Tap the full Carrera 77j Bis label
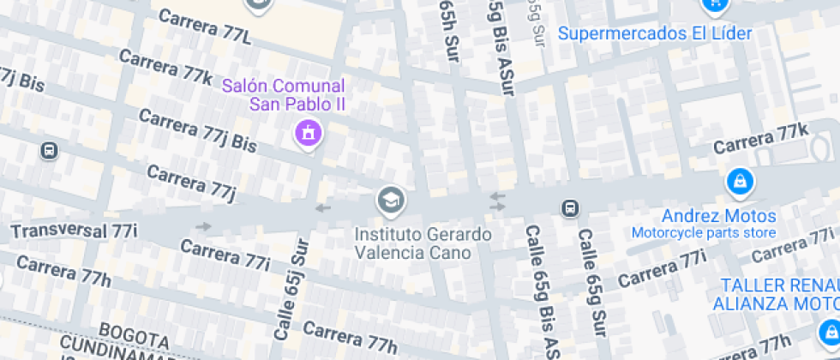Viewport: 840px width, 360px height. (196, 130)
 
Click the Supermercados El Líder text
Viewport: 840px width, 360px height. (656, 34)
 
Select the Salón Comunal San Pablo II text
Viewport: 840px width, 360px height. (284, 95)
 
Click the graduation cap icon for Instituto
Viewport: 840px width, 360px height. (391, 201)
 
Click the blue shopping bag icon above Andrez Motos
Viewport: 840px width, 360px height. (738, 183)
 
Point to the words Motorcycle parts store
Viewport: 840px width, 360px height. (704, 233)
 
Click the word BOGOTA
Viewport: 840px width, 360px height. (134, 332)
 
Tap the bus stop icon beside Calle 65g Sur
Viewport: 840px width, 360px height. (569, 208)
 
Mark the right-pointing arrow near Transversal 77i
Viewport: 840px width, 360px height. (203, 226)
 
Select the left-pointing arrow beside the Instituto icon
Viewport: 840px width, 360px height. (322, 207)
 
